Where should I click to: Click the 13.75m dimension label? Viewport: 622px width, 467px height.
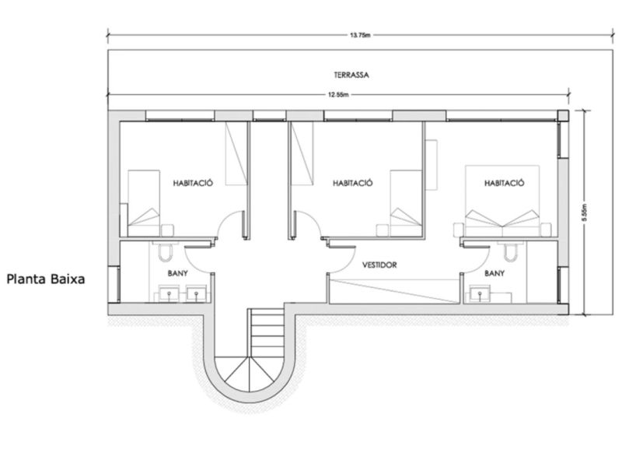click(360, 35)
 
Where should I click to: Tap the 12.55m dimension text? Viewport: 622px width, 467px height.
click(338, 94)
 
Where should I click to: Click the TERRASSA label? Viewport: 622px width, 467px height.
click(351, 75)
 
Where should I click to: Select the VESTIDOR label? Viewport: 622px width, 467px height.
click(379, 265)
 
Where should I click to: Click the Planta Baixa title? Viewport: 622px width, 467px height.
click(46, 279)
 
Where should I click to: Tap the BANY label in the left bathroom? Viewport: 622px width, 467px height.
click(178, 273)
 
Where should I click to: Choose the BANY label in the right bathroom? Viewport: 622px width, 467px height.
click(494, 273)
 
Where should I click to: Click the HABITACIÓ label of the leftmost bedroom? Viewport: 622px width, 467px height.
click(193, 183)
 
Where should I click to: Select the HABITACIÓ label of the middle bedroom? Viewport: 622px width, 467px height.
click(353, 183)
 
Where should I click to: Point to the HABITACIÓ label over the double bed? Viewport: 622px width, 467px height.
click(504, 183)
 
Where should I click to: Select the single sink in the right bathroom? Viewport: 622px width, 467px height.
click(480, 294)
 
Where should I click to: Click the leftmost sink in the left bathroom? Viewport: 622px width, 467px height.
click(169, 294)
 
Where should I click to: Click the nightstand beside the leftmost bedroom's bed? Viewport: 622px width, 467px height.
click(167, 230)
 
